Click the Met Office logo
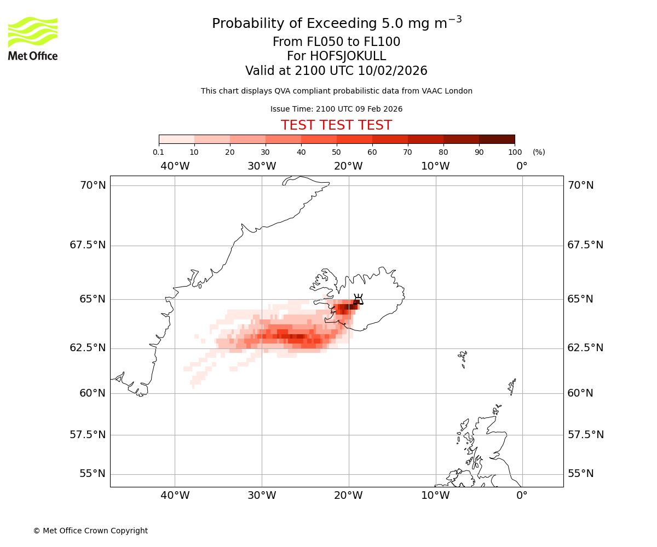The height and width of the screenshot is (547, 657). [33, 38]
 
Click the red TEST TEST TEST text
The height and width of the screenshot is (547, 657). [336, 126]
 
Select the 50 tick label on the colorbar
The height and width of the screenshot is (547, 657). [336, 152]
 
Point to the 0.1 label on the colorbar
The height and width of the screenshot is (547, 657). [158, 152]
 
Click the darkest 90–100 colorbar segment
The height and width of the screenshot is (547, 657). [497, 139]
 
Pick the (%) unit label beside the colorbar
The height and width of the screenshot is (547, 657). [539, 152]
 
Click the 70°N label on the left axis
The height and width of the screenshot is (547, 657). [93, 185]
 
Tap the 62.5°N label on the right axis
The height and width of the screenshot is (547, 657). [585, 348]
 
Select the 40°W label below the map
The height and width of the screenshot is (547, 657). [175, 496]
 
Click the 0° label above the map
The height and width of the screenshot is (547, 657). [522, 166]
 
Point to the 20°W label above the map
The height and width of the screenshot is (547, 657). [348, 166]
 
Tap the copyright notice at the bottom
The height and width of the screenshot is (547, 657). [90, 531]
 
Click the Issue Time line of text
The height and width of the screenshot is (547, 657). [336, 109]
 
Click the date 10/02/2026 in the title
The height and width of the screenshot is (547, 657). [393, 71]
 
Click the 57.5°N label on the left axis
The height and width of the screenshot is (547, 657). [88, 435]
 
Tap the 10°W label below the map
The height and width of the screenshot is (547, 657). [435, 496]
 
